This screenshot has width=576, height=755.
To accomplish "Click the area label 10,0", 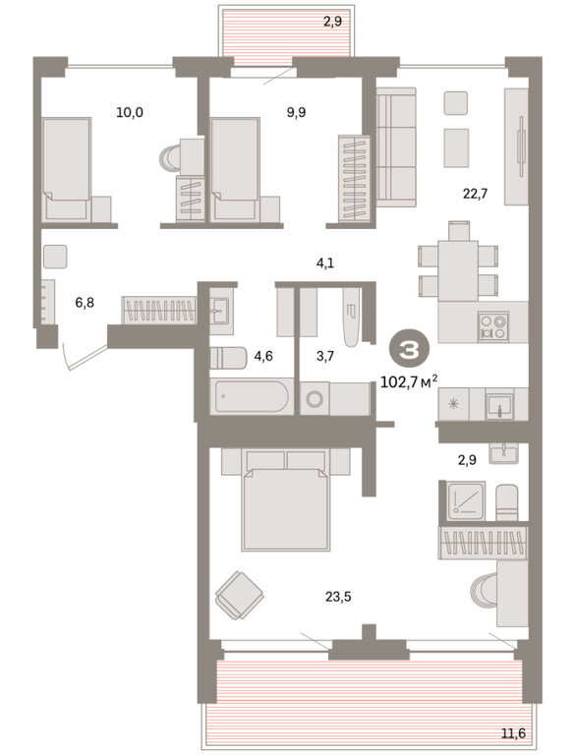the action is (130, 113).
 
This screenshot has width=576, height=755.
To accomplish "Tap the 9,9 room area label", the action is (296, 113).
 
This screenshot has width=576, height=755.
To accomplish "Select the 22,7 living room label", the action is (475, 194).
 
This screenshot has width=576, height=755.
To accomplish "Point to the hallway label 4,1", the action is (325, 262).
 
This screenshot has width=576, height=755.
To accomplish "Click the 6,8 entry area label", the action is (85, 303).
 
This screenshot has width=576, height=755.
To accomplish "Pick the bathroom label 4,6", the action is (263, 356).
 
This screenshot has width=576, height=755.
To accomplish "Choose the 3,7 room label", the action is (325, 356).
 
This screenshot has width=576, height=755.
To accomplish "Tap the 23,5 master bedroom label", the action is (338, 597).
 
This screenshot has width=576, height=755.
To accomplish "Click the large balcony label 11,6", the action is (513, 733).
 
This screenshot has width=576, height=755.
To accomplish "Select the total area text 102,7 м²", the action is (409, 382).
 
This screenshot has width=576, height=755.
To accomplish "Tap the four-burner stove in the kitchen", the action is (493, 326).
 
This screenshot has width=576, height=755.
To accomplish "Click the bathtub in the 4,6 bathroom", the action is (252, 396).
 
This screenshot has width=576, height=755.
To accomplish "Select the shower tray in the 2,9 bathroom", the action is (466, 500).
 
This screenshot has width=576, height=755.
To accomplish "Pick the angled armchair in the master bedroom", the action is (240, 595).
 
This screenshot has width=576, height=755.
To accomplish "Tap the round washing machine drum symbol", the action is (316, 399).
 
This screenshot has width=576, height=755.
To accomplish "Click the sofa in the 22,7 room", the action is (396, 147).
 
